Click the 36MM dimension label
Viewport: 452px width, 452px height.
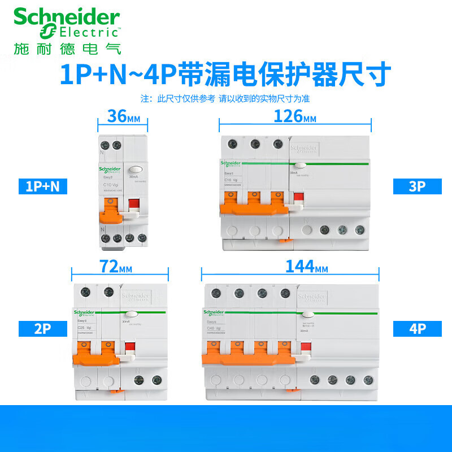click(x=122, y=118)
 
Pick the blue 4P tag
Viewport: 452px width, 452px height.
click(x=416, y=328)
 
